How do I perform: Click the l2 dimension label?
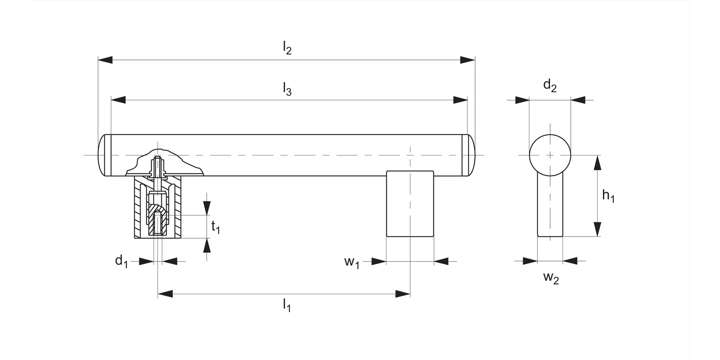[287, 48]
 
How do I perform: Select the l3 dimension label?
[287, 89]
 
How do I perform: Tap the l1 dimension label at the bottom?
[287, 305]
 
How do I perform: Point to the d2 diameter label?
[550, 86]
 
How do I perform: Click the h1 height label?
[608, 196]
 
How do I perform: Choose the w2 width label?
[551, 278]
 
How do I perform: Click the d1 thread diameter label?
[121, 262]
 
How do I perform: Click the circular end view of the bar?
[550, 155]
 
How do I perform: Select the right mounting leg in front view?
[410, 204]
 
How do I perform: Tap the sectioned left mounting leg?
[157, 207]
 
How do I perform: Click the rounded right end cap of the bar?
[470, 155]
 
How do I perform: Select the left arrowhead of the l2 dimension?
[105, 60]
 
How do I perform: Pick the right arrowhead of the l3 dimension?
[460, 100]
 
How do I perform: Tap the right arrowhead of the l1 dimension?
[403, 294]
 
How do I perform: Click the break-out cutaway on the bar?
[163, 163]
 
